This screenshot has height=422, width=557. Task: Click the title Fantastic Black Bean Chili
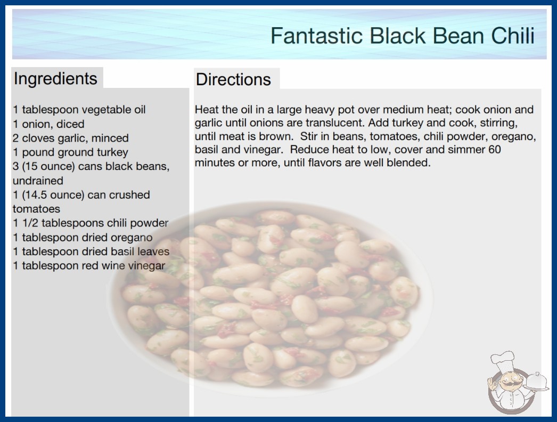403,35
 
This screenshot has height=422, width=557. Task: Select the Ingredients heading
55,79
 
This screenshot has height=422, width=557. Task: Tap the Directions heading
233,79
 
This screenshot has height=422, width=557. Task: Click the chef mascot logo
518,383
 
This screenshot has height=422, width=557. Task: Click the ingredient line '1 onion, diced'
48,124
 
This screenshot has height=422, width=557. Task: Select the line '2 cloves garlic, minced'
71,138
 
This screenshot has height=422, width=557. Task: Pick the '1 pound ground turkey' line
70,152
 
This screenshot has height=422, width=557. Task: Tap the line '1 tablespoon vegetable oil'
79,110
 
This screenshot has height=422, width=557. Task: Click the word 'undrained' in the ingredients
38,181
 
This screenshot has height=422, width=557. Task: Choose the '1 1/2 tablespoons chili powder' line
91,223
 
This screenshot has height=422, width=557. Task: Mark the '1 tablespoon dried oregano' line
83,237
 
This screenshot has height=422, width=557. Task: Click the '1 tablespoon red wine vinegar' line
89,265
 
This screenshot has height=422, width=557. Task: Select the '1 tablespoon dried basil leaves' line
91,251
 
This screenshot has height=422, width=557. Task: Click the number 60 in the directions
495,149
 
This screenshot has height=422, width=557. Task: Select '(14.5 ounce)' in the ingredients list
53,195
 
